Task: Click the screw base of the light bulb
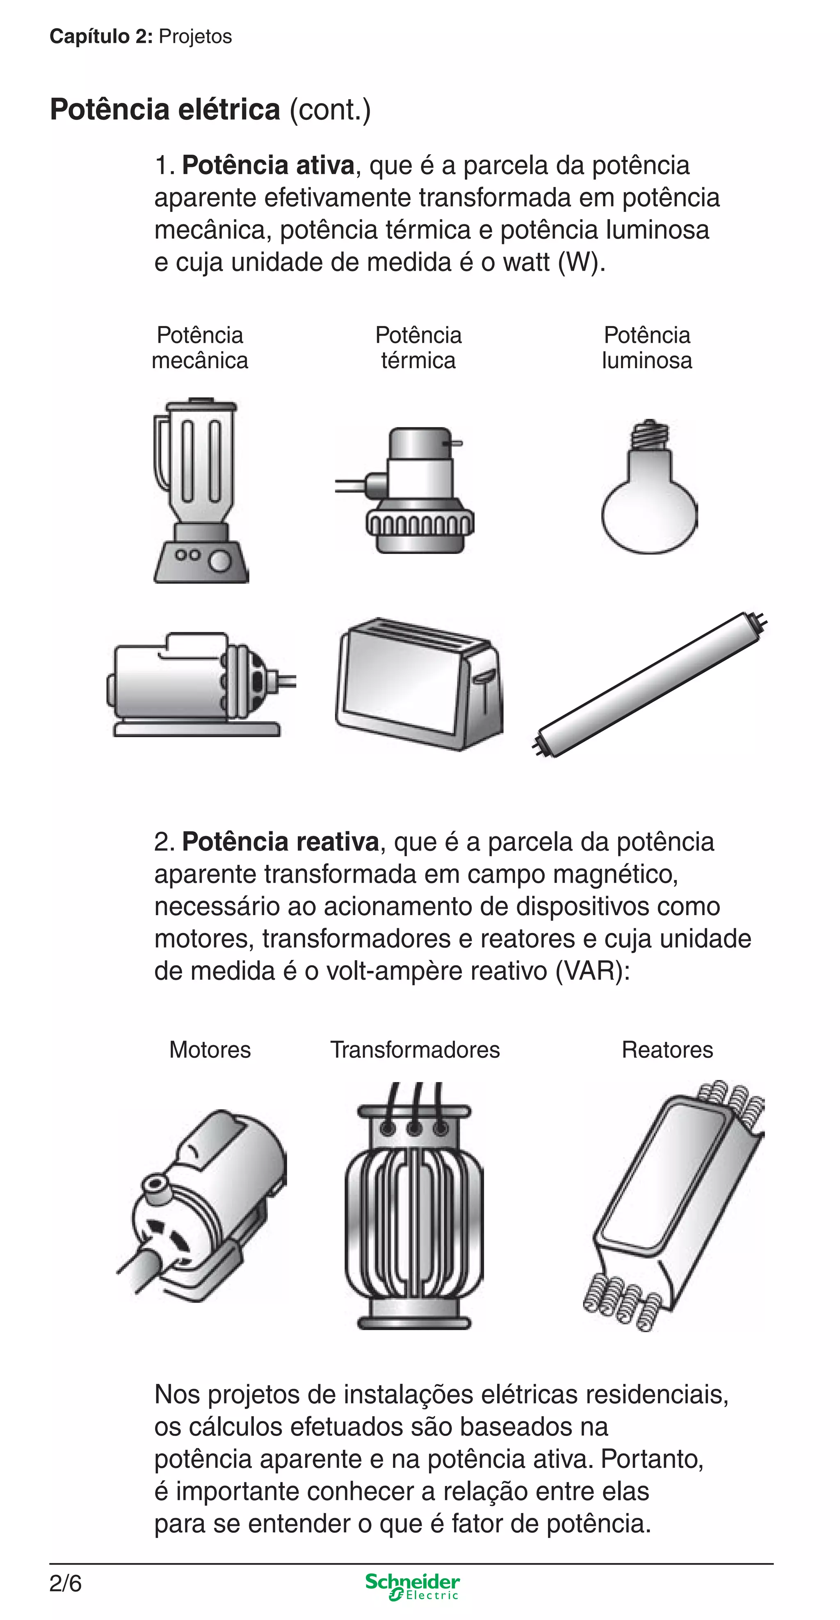pos(649,434)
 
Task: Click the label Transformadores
pos(415,1050)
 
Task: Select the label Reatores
pos(667,1050)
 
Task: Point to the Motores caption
pos(210,1050)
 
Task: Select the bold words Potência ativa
pos(268,165)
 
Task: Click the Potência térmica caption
pos(418,348)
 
